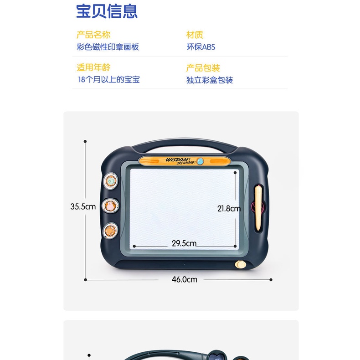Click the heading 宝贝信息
pyautogui.click(x=107, y=11)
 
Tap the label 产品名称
pyautogui.click(x=93, y=35)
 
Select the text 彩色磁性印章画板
pyautogui.click(x=108, y=47)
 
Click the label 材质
pyautogui.click(x=195, y=35)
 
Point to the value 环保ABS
pyautogui.click(x=201, y=47)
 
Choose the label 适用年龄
pyautogui.click(x=93, y=67)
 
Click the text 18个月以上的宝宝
pyautogui.click(x=109, y=79)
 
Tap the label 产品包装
pyautogui.click(x=203, y=68)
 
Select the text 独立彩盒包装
pyautogui.click(x=210, y=80)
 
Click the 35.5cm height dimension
pyautogui.click(x=83, y=206)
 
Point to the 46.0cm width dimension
pyautogui.click(x=185, y=279)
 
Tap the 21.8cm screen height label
pyautogui.click(x=229, y=208)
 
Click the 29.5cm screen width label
pyautogui.click(x=184, y=243)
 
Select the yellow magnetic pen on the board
pyautogui.click(x=258, y=208)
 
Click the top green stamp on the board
pyautogui.click(x=111, y=181)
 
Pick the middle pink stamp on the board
pyautogui.click(x=110, y=206)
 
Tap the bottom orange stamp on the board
pyautogui.click(x=110, y=231)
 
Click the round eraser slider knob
pyautogui.click(x=241, y=264)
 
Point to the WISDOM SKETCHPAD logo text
pyautogui.click(x=180, y=161)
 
